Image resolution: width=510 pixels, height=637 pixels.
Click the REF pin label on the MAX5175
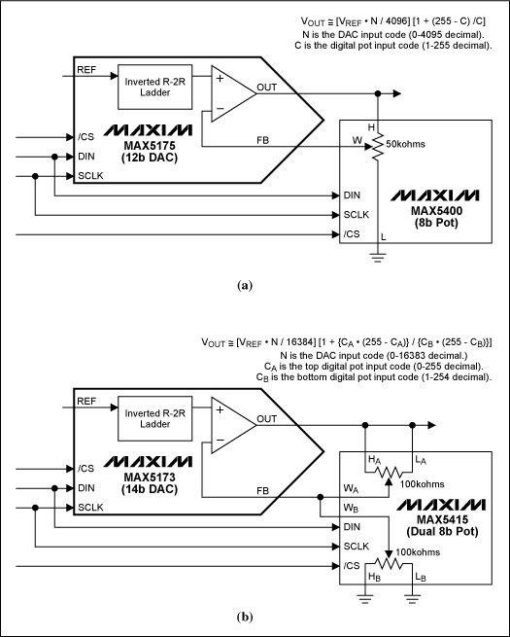tap(85, 69)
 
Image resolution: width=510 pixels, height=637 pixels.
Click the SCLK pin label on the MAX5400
tap(357, 214)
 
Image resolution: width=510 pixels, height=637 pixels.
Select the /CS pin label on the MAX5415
tap(352, 564)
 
